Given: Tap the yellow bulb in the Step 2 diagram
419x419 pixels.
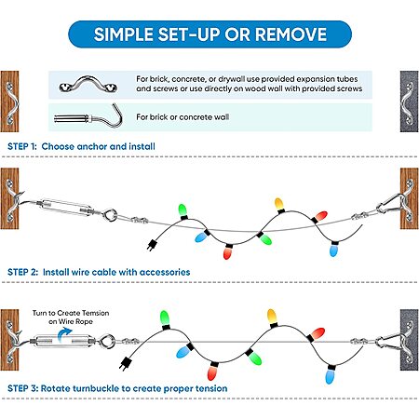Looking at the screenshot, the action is [278, 204].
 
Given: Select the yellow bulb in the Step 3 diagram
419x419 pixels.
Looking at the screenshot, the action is [272, 316].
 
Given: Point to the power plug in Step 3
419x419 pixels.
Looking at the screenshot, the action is [125, 363].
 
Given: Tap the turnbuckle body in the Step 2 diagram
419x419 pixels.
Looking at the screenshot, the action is [67, 207].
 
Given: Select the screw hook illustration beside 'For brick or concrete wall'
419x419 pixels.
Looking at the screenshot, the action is [88, 116].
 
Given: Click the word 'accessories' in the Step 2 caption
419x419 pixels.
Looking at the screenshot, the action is [165, 272].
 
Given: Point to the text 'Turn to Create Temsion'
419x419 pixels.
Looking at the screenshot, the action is [71, 313].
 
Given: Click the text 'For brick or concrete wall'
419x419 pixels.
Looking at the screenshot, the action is [182, 117].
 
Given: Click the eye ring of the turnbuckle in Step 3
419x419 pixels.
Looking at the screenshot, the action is [107, 341].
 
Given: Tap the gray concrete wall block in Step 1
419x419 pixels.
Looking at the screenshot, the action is [409, 101].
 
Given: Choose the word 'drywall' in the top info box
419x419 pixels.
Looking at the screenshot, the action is [232, 79].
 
